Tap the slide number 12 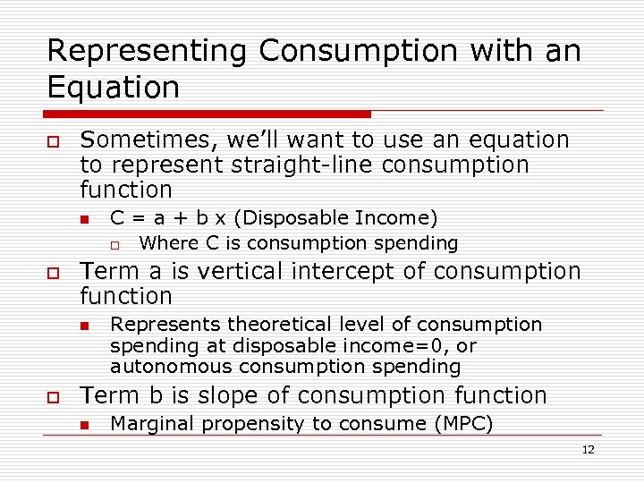[x=588, y=450]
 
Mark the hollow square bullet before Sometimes [x=55, y=141]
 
